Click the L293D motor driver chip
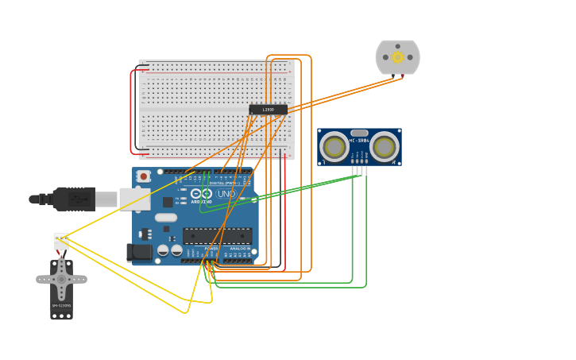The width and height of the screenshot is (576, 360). pyautogui.click(x=268, y=110)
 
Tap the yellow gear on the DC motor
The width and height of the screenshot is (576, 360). pyautogui.click(x=397, y=57)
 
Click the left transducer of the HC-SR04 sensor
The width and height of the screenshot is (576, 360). pyautogui.click(x=334, y=147)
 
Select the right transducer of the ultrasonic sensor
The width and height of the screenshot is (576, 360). pyautogui.click(x=385, y=147)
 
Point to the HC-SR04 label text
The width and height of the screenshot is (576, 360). pyautogui.click(x=359, y=140)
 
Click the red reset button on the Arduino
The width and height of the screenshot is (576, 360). pyautogui.click(x=143, y=176)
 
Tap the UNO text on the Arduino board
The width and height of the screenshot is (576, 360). pyautogui.click(x=226, y=193)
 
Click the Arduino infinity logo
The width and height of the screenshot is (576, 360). pyautogui.click(x=201, y=193)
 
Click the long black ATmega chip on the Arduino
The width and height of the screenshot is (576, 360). pyautogui.click(x=217, y=236)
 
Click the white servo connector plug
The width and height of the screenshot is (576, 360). pyautogui.click(x=61, y=240)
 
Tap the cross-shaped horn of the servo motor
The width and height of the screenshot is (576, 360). pyautogui.click(x=61, y=279)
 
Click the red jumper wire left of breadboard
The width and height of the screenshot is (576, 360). pyautogui.click(x=132, y=111)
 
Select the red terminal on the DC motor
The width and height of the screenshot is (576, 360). pyautogui.click(x=402, y=76)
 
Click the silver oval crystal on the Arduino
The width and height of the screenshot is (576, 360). pyautogui.click(x=166, y=217)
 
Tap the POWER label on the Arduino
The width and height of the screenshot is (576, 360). pyautogui.click(x=211, y=249)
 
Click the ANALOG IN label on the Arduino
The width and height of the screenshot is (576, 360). pyautogui.click(x=239, y=249)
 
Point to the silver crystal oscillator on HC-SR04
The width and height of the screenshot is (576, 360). pyautogui.click(x=359, y=133)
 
